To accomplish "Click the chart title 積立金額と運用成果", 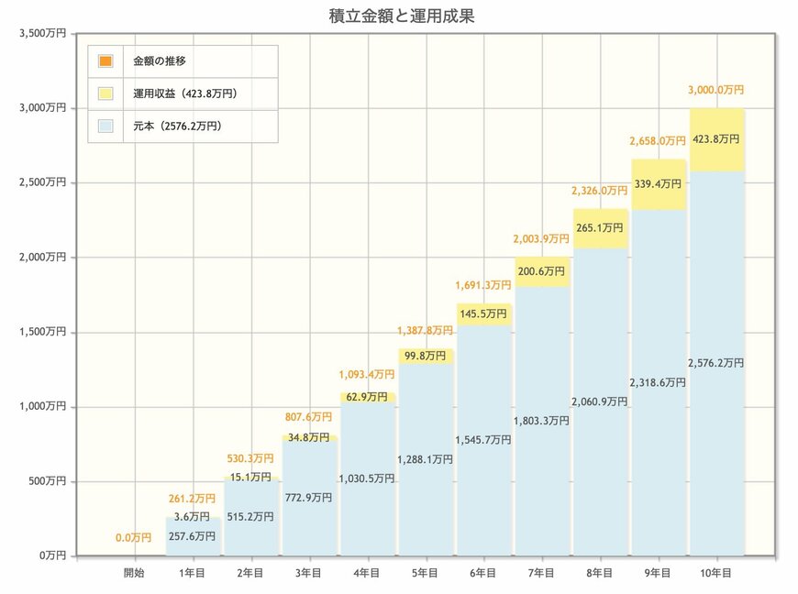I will pos(401,16).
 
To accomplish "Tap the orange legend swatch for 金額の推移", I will pos(105,61).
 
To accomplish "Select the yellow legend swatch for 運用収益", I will pos(105,93).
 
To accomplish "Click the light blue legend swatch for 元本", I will pos(105,126).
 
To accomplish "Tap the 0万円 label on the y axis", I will pos(50,555).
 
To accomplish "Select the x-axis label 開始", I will pos(135,574).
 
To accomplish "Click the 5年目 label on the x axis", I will pos(426,574).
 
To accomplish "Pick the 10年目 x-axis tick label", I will pos(715,574).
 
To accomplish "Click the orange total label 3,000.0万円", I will pos(715,90).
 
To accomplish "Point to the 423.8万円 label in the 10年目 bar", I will pos(715,138).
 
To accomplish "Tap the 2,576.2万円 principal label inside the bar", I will pos(715,363).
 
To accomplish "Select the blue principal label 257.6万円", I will pos(193,536).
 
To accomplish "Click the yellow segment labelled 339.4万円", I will pos(658,184).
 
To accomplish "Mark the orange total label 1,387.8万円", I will pos(425,330).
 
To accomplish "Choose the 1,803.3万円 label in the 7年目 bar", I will pos(541,421).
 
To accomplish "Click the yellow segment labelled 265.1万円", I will pos(600,228).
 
